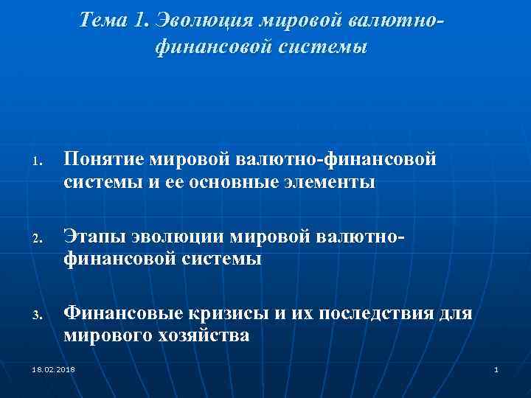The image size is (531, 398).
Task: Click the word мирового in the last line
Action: point(103,336)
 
